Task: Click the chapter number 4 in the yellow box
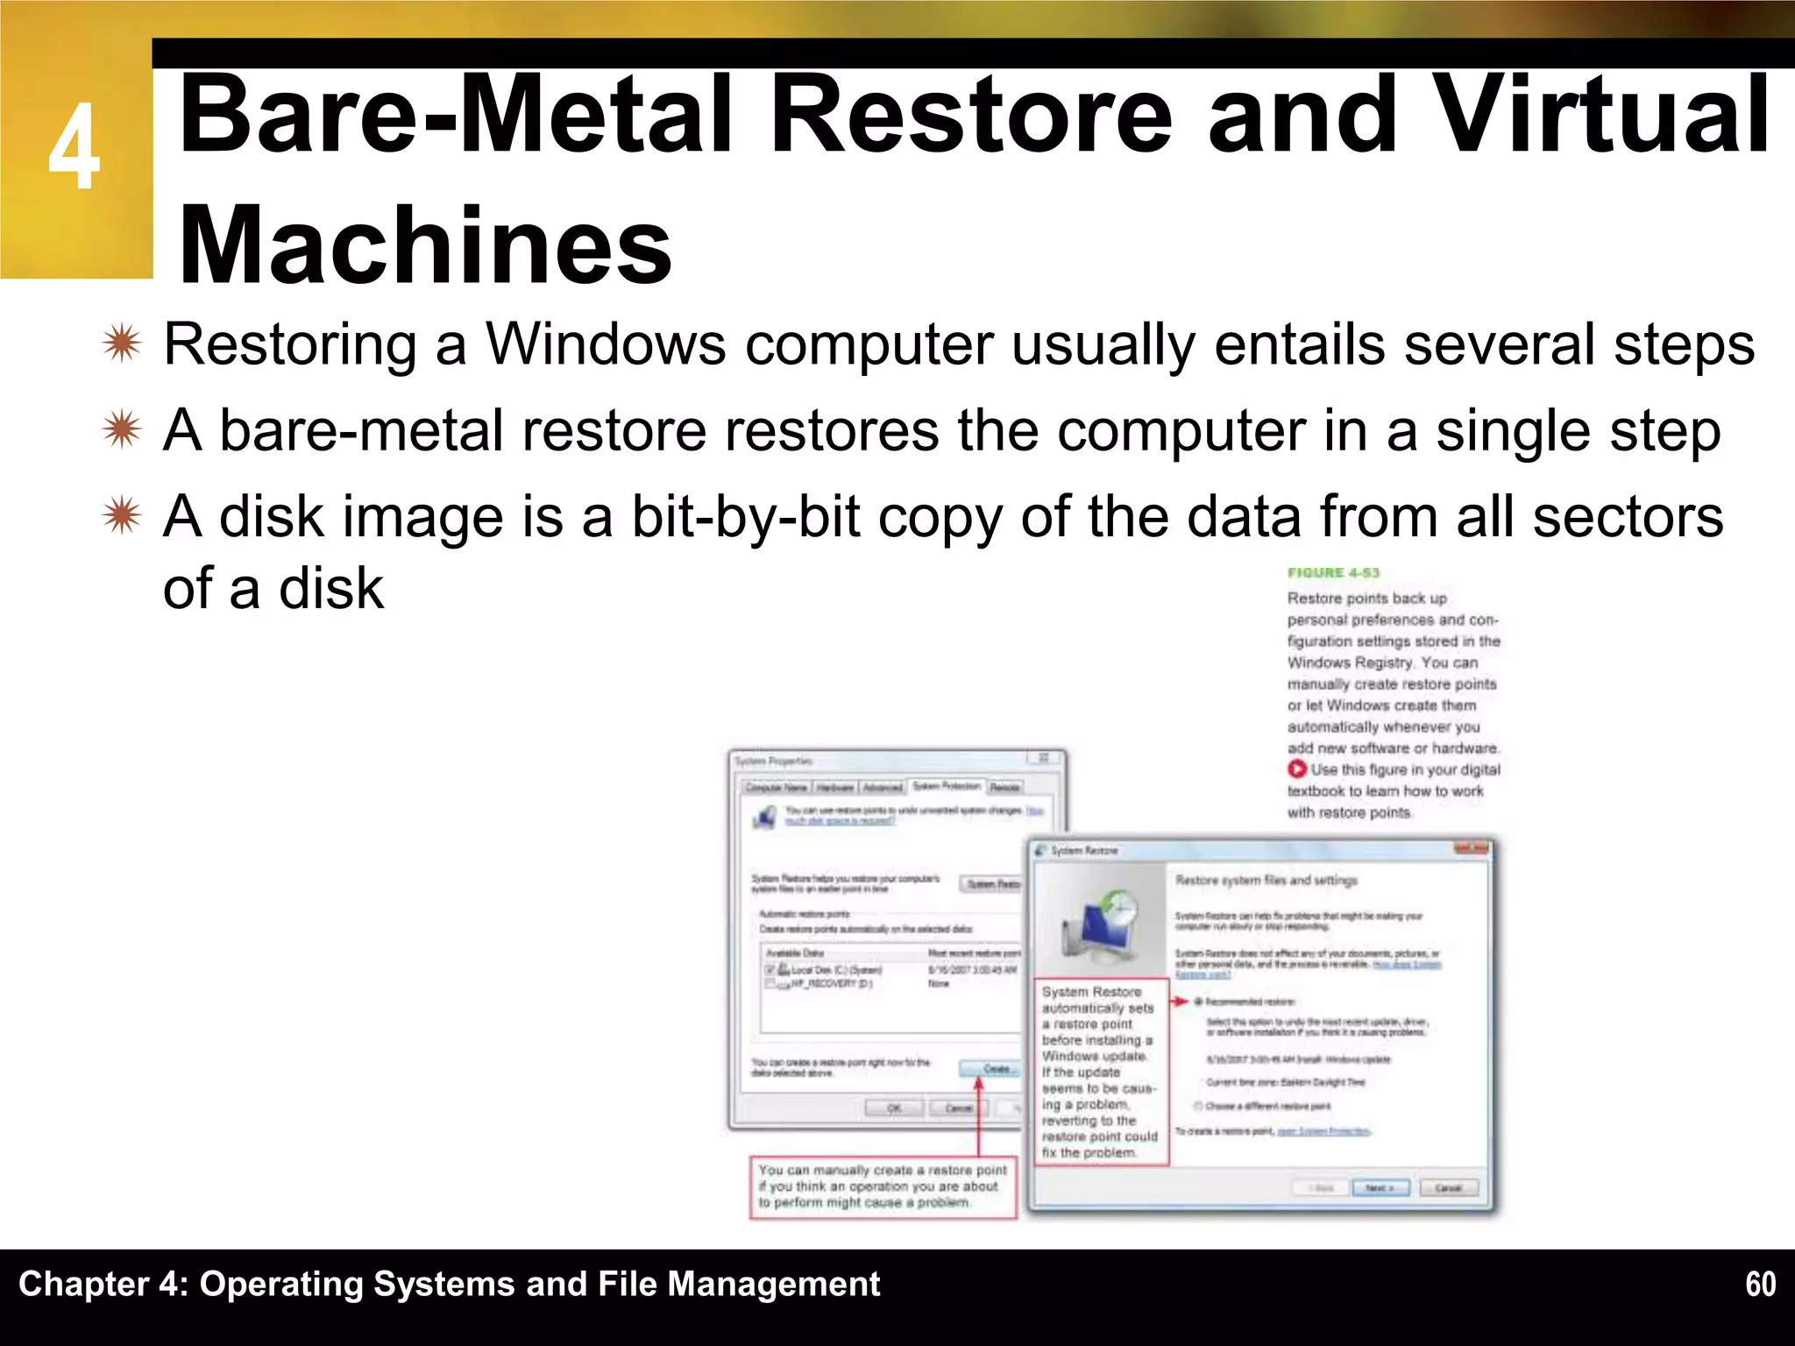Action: point(74,147)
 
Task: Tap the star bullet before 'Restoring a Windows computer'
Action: point(121,344)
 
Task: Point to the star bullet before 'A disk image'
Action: point(121,516)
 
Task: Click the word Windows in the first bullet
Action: point(606,344)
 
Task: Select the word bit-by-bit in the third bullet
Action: point(745,516)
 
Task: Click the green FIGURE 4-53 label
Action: point(1333,573)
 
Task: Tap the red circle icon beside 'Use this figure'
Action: point(1297,769)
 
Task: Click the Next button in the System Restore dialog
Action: point(1380,1188)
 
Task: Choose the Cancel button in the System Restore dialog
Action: point(1448,1188)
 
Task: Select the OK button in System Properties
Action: point(893,1109)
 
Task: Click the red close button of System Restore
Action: point(1472,848)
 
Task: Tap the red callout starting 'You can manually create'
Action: point(882,1187)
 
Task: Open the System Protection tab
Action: point(947,786)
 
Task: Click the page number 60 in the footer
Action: point(1760,1284)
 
